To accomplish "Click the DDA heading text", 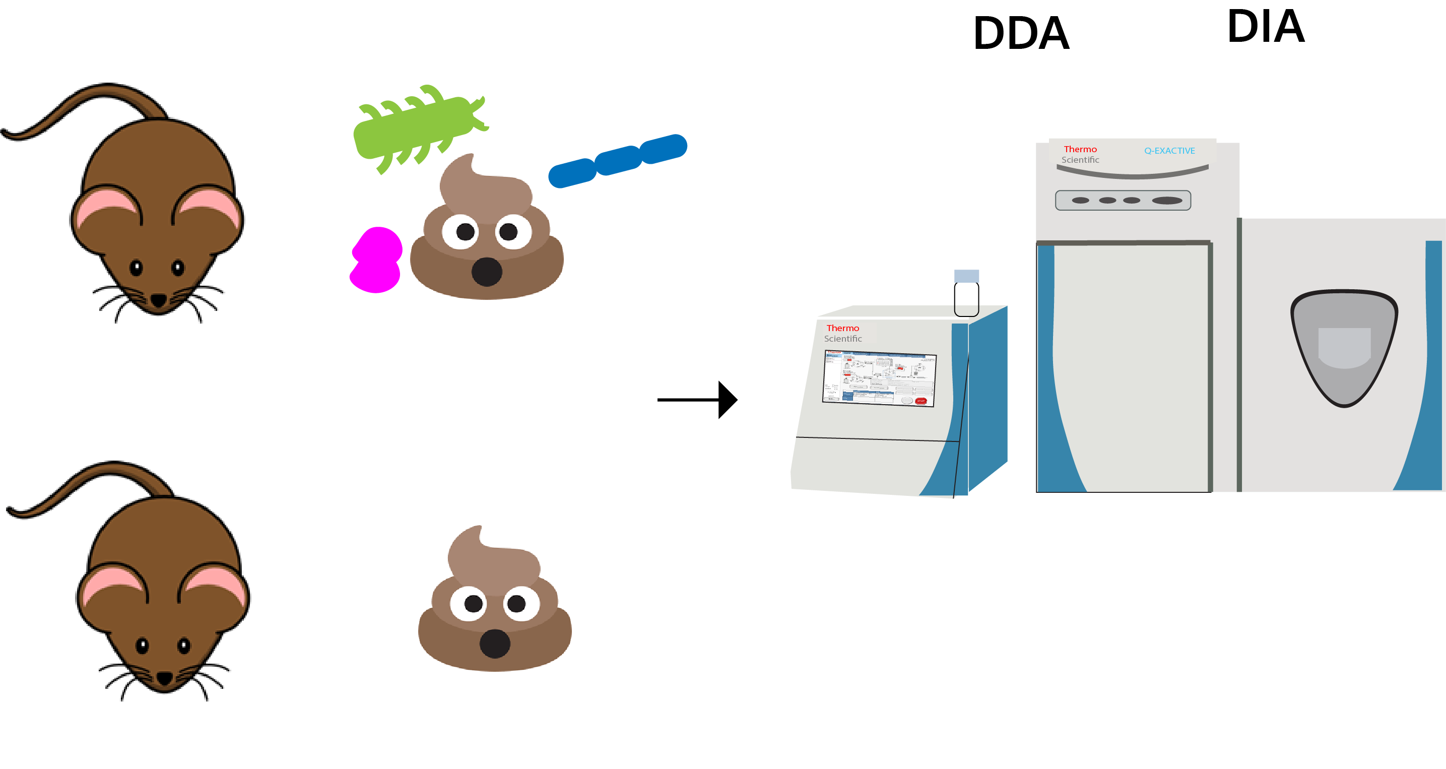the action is click(x=1021, y=33).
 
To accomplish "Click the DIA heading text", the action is click(x=1266, y=26).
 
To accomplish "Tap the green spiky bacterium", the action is click(x=415, y=129).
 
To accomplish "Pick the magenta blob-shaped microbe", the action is click(x=376, y=261).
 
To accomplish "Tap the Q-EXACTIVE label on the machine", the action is click(x=1169, y=151).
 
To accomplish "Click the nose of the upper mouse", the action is click(x=159, y=300).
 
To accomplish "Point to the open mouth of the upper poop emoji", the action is click(x=487, y=272).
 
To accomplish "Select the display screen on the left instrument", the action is click(x=879, y=378).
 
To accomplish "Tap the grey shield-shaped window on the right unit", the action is click(x=1344, y=345).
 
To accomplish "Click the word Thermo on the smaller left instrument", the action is click(x=842, y=328).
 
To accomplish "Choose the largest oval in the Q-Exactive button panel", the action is click(x=1166, y=201).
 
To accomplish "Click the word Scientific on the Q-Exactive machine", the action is click(x=1080, y=160).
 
